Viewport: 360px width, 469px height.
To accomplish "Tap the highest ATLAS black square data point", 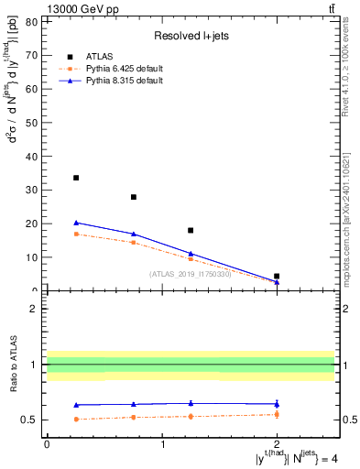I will (x=76, y=178).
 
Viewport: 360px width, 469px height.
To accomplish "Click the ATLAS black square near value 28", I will (x=134, y=197).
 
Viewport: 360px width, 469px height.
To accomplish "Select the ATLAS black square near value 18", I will (x=191, y=230).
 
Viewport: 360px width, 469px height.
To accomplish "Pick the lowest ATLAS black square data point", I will (x=277, y=276).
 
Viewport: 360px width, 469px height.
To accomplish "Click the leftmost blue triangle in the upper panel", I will (x=76, y=223).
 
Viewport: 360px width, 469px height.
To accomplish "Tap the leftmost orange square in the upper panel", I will (x=76, y=234).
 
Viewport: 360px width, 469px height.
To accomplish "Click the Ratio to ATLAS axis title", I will (x=12, y=365).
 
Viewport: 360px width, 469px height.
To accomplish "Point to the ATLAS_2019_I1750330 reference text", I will (x=190, y=273).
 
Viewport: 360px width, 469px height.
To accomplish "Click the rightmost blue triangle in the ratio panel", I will (x=277, y=403).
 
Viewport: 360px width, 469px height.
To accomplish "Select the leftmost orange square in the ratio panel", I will (x=76, y=419).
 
